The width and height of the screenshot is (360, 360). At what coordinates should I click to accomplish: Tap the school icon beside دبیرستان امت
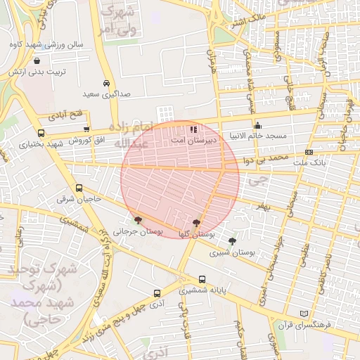pos(193,129)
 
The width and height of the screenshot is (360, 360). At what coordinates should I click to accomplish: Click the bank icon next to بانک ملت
pos(309,153)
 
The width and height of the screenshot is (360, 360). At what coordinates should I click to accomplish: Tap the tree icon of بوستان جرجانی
pos(138,220)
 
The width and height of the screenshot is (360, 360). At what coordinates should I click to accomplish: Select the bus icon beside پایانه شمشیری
pos(202,279)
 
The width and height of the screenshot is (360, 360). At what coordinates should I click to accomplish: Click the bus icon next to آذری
pos(157,293)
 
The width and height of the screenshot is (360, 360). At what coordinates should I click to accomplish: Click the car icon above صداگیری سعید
pos(105,82)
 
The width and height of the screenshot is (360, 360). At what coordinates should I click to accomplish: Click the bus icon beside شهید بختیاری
pos(41,133)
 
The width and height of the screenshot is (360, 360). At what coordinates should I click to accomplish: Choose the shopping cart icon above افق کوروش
pos(86,129)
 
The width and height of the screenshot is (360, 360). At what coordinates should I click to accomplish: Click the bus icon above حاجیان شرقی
pos(79,188)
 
